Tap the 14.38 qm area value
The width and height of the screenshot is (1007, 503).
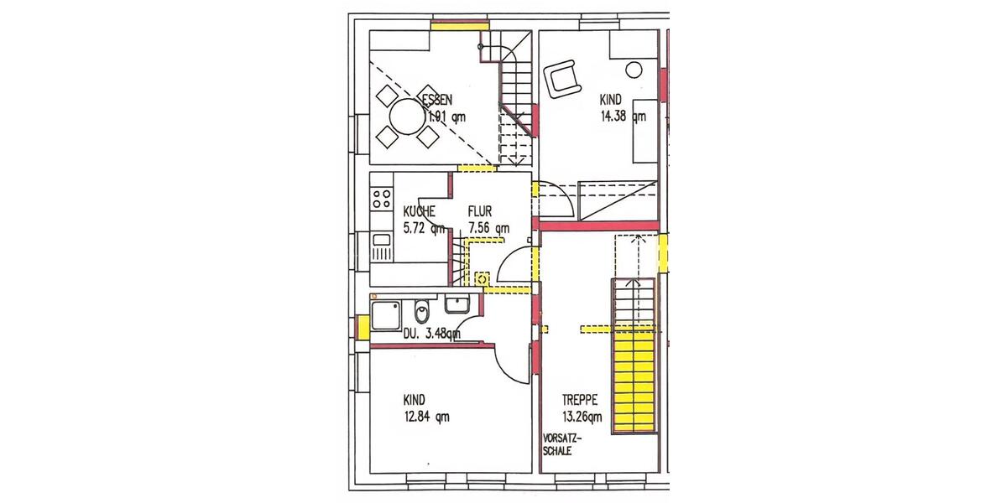[x=623, y=117]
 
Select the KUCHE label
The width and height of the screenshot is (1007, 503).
[x=420, y=211]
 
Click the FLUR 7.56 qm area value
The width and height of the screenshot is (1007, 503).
[x=488, y=228]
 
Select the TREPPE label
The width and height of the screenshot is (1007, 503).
[x=579, y=400]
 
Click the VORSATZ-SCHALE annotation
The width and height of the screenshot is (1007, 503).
[x=562, y=444]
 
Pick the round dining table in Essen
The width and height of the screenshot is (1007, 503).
[x=405, y=117]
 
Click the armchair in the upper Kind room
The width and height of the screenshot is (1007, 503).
[x=563, y=80]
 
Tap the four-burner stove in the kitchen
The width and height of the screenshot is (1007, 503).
[x=381, y=199]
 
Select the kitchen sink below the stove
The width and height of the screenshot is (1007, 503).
[x=381, y=248]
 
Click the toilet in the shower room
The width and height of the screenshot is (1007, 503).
[x=423, y=312]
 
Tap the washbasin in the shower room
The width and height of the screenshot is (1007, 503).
[x=457, y=304]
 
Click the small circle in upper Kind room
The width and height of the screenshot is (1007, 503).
[x=634, y=70]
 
